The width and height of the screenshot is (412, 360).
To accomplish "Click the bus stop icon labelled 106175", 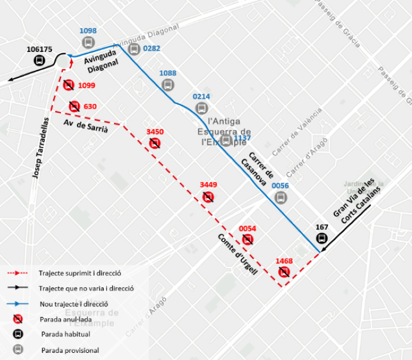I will (x=40, y=60).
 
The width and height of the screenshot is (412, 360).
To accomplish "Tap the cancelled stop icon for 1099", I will (x=69, y=85).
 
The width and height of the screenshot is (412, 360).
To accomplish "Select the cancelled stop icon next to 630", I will (x=74, y=107).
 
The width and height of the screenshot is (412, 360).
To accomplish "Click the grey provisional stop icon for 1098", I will (x=88, y=42).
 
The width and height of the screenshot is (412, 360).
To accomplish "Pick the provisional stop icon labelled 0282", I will (x=133, y=49).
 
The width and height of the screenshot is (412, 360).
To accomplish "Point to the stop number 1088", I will (x=168, y=73).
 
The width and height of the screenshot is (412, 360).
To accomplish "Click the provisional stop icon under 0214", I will (x=202, y=108).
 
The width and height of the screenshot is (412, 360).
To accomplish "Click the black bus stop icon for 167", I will (x=322, y=238).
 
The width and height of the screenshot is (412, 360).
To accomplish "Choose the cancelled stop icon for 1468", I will (x=284, y=272).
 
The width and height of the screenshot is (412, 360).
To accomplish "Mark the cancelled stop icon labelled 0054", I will (x=248, y=240).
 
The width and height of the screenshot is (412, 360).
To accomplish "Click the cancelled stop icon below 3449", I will (x=208, y=197).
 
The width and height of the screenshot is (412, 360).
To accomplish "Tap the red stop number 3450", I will (x=155, y=132).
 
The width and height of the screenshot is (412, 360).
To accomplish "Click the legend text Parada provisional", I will (x=70, y=350).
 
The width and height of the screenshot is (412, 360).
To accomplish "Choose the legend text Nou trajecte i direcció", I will (x=73, y=303).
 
